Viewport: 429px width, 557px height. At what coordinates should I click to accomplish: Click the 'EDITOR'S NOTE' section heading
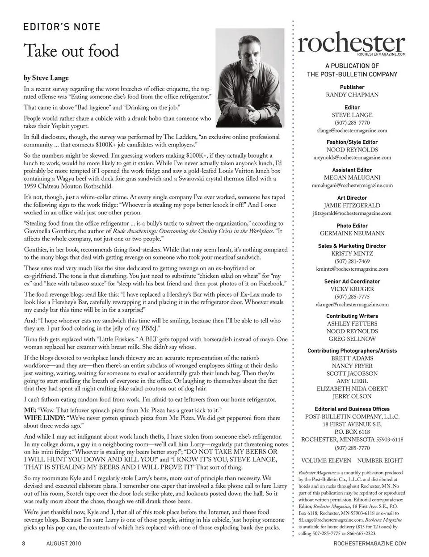62,27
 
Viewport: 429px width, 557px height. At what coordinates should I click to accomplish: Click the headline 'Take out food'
71,50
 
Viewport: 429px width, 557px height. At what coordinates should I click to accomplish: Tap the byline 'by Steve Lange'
46,78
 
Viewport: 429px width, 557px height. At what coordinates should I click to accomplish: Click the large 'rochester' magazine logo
352,43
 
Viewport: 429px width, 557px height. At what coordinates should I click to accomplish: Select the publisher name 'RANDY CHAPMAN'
352,95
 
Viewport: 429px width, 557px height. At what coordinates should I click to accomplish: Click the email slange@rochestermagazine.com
352,130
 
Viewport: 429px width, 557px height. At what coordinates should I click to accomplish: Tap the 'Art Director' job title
352,198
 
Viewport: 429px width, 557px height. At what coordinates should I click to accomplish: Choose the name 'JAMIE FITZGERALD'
352,205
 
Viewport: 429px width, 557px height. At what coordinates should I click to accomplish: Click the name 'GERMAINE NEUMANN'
352,233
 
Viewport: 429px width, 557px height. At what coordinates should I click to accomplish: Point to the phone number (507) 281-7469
352,261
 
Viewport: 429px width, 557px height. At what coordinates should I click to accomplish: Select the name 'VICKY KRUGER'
352,289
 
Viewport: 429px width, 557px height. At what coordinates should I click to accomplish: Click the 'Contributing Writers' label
352,316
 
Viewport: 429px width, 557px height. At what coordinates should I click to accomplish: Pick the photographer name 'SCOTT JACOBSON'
352,373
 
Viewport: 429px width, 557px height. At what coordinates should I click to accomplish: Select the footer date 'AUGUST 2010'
63,543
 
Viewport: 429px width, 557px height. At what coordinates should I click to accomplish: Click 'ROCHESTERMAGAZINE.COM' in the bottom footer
370,543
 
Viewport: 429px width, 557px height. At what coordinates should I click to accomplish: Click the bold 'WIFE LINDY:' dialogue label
44,418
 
